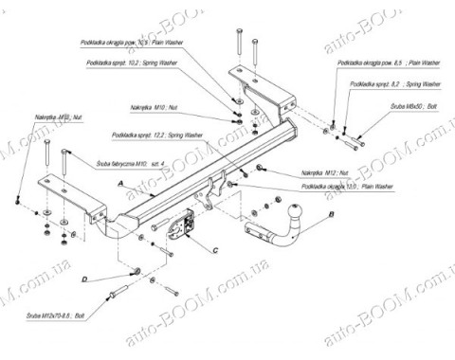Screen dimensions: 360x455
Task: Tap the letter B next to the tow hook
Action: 332,216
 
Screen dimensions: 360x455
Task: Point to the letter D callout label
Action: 84,279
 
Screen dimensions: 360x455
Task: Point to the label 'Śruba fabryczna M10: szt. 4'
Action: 117,162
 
